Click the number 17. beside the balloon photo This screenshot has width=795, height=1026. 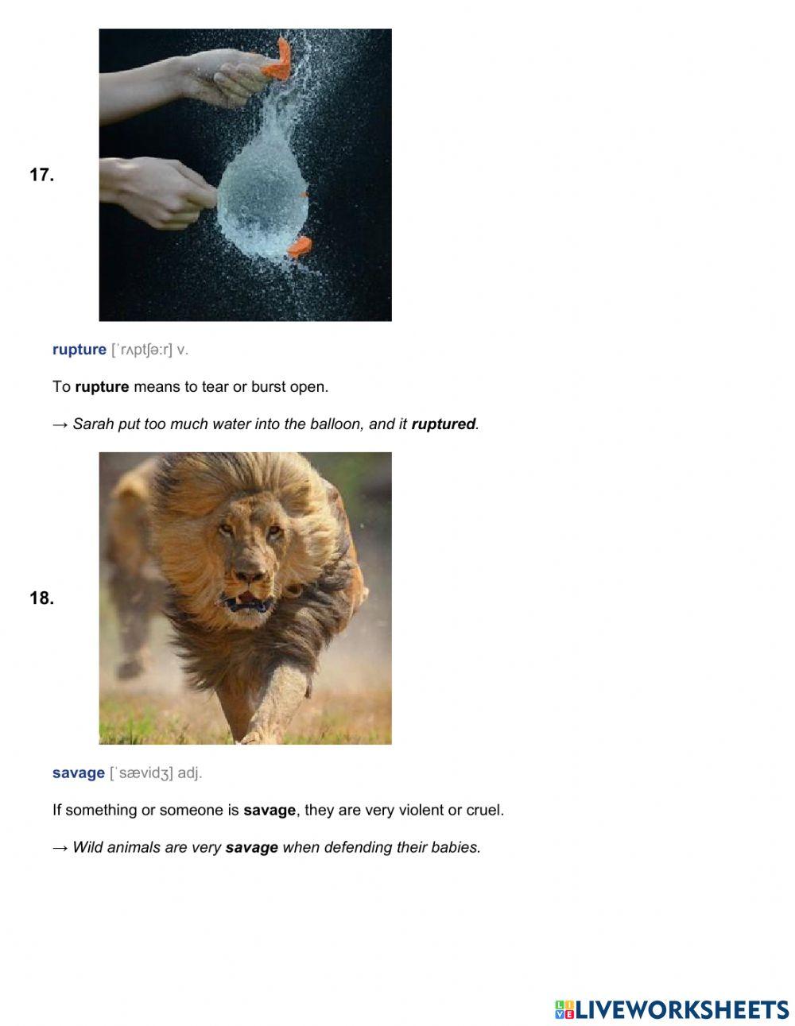41,175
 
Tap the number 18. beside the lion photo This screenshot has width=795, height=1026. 41,598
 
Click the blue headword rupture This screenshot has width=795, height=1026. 79,350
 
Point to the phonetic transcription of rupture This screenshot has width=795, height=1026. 142,350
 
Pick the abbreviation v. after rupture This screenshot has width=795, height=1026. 182,350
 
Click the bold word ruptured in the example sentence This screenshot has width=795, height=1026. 444,424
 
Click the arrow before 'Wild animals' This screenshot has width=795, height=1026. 60,847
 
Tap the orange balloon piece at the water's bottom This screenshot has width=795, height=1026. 299,247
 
